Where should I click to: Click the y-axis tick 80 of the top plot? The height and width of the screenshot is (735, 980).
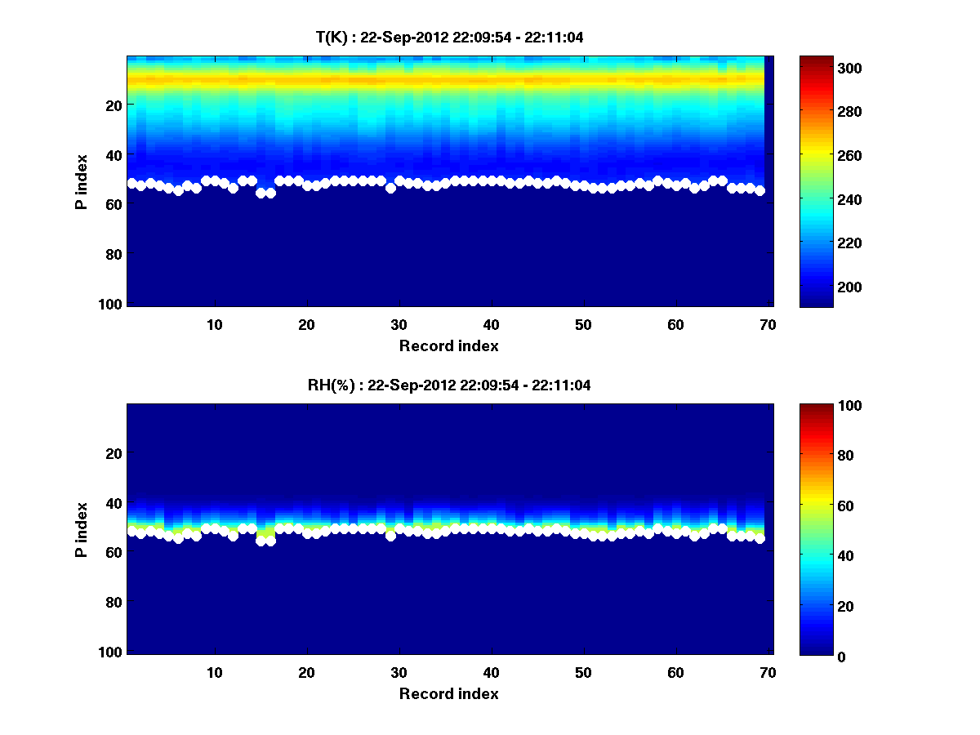(x=112, y=254)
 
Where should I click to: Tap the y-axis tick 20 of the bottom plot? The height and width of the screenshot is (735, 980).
(x=112, y=453)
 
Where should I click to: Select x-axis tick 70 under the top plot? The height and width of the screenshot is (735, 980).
(x=768, y=324)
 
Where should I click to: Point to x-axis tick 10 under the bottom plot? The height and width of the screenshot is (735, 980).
(x=215, y=672)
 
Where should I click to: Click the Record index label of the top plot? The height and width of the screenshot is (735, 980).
(x=448, y=345)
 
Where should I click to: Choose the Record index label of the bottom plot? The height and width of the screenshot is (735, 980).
(x=448, y=693)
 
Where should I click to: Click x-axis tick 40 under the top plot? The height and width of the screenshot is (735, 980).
(x=492, y=324)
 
